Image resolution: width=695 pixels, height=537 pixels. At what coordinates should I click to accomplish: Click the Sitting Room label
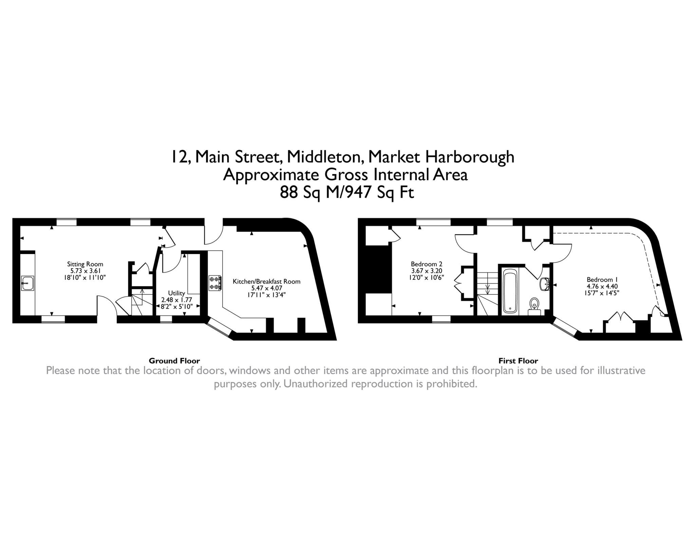[x=85, y=264]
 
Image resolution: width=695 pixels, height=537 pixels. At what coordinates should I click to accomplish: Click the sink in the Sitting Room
[x=27, y=283]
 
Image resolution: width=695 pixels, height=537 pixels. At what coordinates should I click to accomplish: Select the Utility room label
[x=176, y=293]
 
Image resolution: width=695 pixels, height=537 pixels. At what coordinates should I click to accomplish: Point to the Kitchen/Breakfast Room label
[x=266, y=281]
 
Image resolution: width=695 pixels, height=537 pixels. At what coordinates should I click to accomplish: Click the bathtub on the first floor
[x=510, y=291]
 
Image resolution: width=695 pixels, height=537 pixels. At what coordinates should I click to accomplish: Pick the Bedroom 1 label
[x=602, y=280]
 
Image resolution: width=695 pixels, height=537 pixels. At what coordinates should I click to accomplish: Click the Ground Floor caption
[x=174, y=361]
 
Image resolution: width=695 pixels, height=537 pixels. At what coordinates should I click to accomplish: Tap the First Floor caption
[x=518, y=361]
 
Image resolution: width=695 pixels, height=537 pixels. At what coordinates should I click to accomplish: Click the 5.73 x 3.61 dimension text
[x=85, y=271]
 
